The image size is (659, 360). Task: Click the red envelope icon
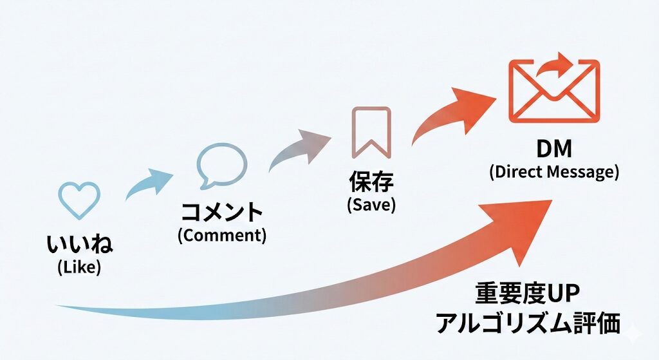[x=553, y=91]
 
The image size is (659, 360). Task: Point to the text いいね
[x=79, y=245]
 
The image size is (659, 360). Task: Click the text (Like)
[x=79, y=267]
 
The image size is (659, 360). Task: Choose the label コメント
[x=221, y=212]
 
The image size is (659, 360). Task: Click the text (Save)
[x=371, y=205]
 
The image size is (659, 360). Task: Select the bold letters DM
[x=553, y=149]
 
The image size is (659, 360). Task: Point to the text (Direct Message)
[x=553, y=172]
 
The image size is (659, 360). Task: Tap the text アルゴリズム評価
[x=528, y=324]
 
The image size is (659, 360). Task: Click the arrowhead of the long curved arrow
[x=524, y=225]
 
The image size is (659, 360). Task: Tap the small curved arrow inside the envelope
[x=555, y=66]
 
